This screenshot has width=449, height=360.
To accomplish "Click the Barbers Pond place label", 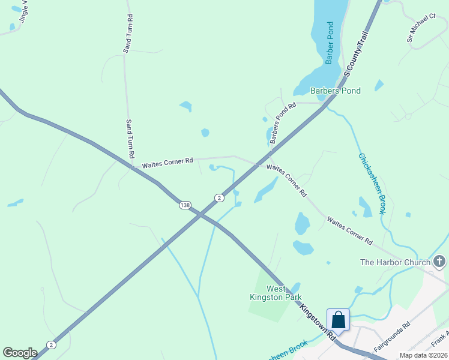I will [335, 91].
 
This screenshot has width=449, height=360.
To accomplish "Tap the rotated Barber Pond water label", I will [330, 43].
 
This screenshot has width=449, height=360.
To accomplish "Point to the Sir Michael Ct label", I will [421, 29].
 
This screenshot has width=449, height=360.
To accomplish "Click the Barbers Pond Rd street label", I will [283, 123].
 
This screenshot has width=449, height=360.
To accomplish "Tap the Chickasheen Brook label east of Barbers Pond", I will [372, 184].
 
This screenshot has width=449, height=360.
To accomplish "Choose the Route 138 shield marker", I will [185, 205].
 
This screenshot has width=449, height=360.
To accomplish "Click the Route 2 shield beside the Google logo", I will [52, 344].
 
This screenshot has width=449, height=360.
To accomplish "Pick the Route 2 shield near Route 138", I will [220, 197].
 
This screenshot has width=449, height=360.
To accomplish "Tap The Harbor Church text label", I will [395, 262].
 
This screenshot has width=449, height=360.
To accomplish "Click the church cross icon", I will [440, 262].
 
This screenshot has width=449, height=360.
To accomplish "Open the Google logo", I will [20, 353].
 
